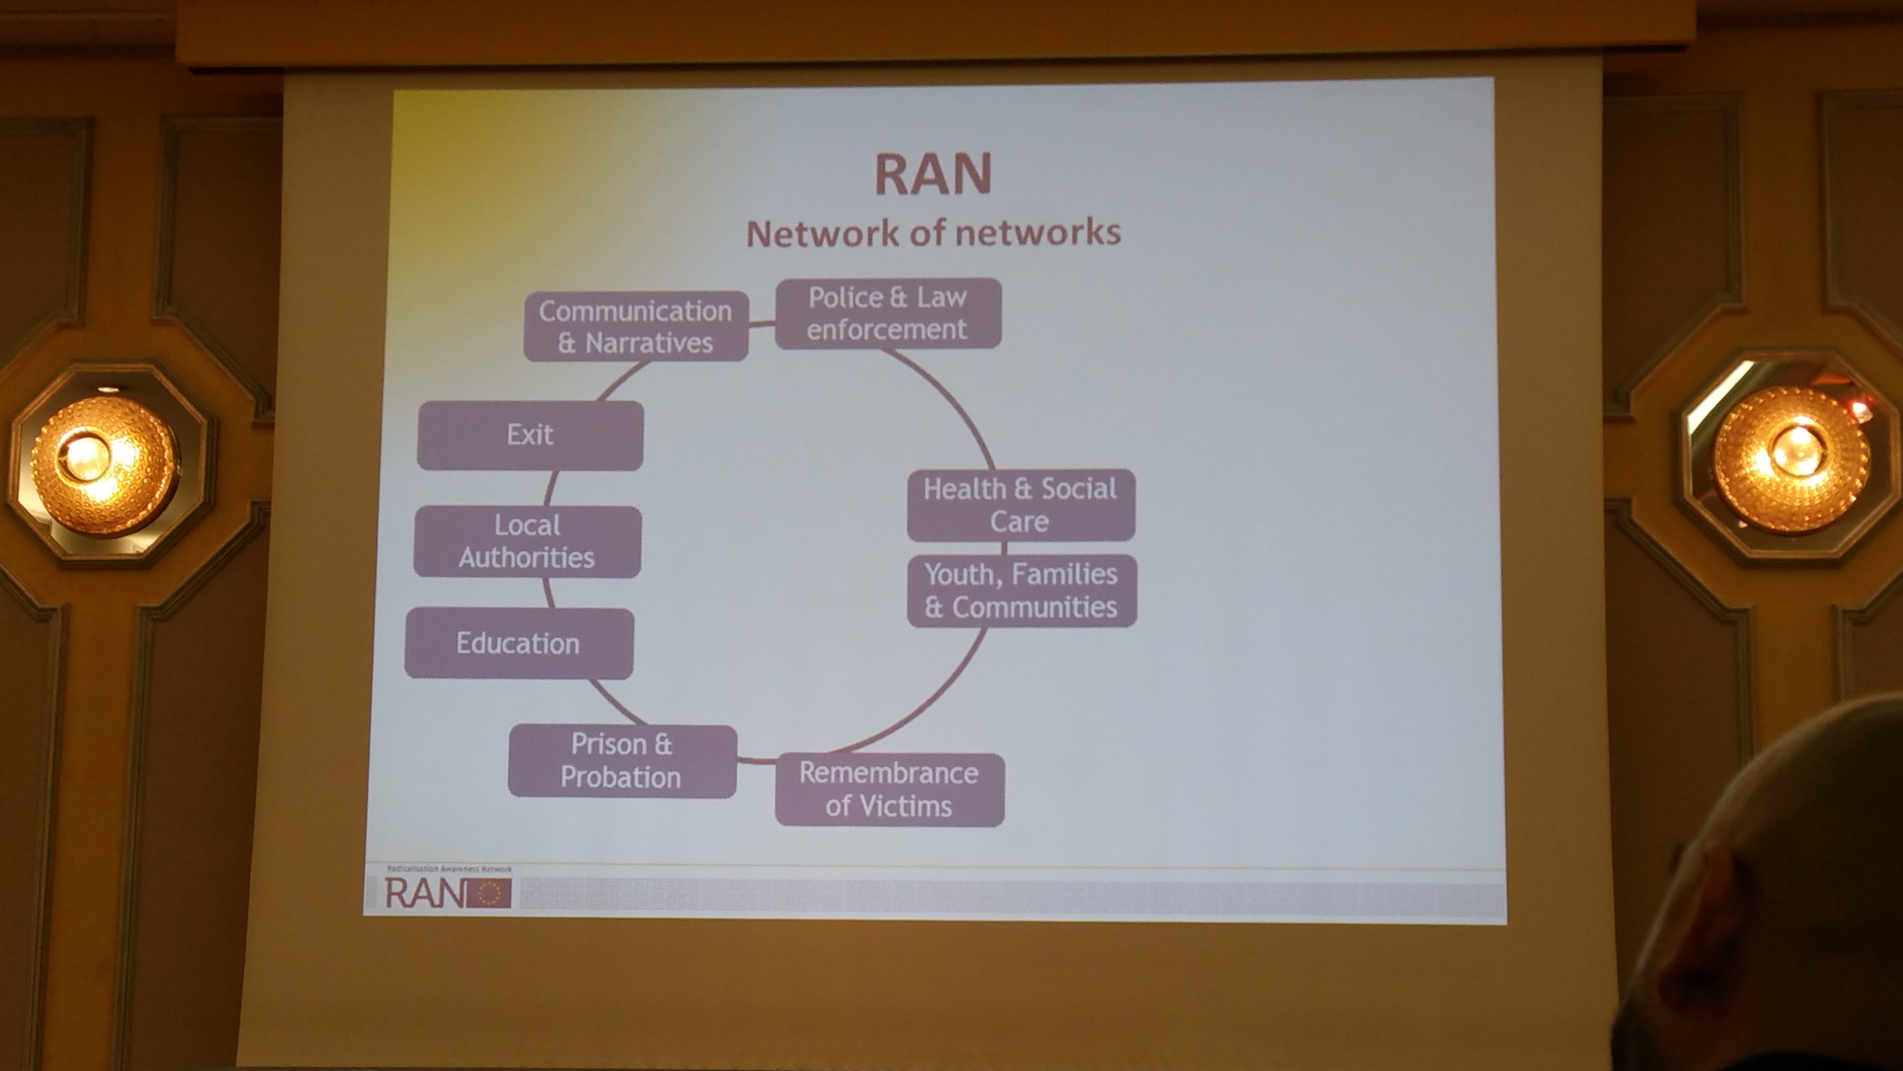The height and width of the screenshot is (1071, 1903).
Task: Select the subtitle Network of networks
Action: tap(933, 233)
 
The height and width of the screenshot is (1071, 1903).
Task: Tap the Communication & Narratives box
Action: tap(635, 326)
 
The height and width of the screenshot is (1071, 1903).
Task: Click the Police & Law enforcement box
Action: tap(887, 313)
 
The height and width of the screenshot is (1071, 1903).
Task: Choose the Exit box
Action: tap(530, 435)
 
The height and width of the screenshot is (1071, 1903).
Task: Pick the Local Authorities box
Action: tap(527, 541)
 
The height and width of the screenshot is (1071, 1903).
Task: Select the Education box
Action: tap(518, 643)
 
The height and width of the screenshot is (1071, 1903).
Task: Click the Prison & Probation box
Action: tap(621, 761)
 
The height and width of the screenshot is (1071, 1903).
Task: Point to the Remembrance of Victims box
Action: tap(889, 789)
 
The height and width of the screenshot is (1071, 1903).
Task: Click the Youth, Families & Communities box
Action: tap(1021, 591)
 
